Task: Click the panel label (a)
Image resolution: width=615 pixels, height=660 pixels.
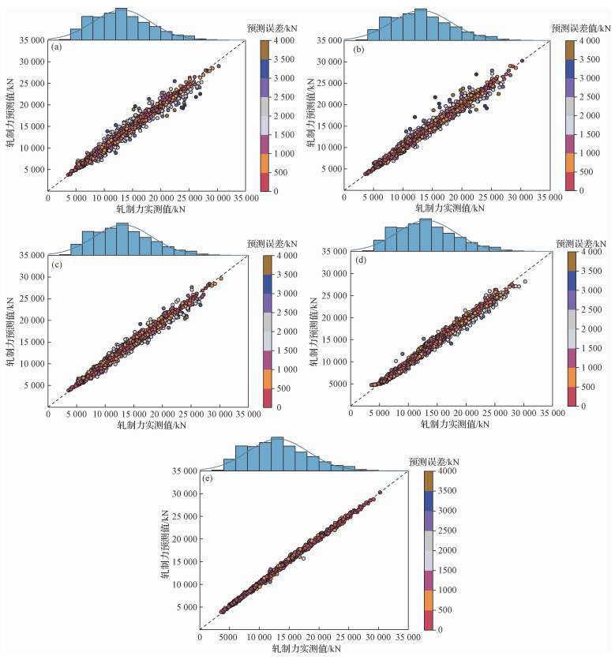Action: [x=56, y=47]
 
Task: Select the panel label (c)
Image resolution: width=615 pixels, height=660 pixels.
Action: [x=56, y=262]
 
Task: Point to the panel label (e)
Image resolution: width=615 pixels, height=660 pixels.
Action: [x=208, y=478]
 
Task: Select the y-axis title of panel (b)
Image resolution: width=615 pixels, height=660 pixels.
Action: [x=313, y=111]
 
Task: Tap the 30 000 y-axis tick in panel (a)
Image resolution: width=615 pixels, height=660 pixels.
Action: [x=33, y=62]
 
